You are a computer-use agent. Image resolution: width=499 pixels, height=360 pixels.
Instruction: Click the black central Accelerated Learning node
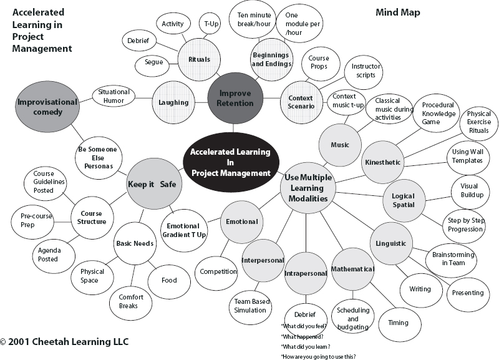click(230, 162)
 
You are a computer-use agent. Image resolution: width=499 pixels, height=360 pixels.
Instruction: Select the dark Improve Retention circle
click(234, 98)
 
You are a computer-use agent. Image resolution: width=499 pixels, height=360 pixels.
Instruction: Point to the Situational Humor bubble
click(114, 97)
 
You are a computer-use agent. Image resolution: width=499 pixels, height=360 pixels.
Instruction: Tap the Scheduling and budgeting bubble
click(352, 318)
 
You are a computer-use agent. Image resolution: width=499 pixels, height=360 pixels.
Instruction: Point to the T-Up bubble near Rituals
click(211, 24)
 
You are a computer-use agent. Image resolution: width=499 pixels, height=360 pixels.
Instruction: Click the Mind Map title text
click(398, 12)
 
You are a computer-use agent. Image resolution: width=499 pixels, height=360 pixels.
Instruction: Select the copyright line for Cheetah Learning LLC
click(65, 343)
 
